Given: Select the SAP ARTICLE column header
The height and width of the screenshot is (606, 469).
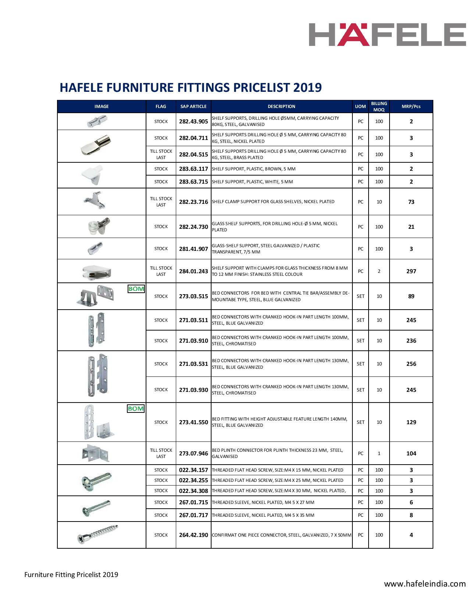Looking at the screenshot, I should pyautogui.click(x=193, y=107).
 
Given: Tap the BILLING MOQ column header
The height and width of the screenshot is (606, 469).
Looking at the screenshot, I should pyautogui.click(x=379, y=107).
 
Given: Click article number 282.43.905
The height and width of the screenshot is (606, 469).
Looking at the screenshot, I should pyautogui.click(x=193, y=122).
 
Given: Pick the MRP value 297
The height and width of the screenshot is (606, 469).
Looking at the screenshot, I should pyautogui.click(x=411, y=271).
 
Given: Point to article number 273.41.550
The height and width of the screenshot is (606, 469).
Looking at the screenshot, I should pyautogui.click(x=193, y=422).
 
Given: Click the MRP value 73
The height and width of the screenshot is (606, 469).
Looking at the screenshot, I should pyautogui.click(x=411, y=202).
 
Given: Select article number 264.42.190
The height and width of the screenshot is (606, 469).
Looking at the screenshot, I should pyautogui.click(x=193, y=535).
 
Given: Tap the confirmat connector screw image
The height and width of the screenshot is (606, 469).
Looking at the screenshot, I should pyautogui.click(x=98, y=534).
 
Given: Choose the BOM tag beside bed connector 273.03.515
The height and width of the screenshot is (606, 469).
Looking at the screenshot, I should pyautogui.click(x=136, y=289).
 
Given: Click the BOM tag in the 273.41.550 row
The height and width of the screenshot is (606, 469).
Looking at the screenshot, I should pyautogui.click(x=136, y=409).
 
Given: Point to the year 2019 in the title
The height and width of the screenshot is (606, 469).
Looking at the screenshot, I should pyautogui.click(x=308, y=88).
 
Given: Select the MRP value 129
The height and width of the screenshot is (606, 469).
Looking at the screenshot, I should pyautogui.click(x=411, y=422).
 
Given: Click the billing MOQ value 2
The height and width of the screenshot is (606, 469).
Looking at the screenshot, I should pyautogui.click(x=379, y=271).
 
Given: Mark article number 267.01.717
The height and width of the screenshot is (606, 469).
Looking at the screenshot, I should pyautogui.click(x=193, y=515).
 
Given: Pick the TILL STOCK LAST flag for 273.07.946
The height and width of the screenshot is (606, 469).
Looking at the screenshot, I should pyautogui.click(x=161, y=453).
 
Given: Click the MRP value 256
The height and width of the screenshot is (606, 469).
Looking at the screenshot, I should pyautogui.click(x=411, y=364).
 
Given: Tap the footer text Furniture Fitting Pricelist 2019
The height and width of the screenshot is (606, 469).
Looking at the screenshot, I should pyautogui.click(x=71, y=574).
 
